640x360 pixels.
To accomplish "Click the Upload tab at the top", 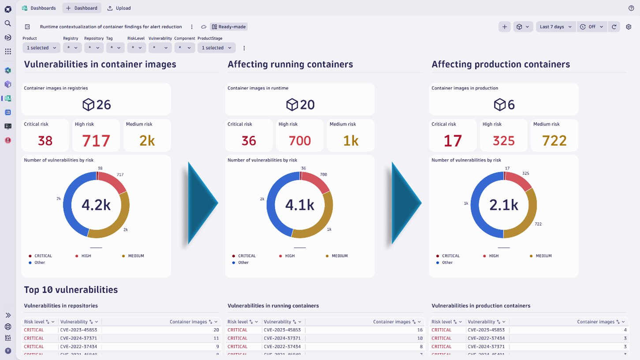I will click(x=119, y=8).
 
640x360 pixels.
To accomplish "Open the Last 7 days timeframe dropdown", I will click(x=555, y=27).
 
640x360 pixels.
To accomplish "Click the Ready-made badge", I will click(x=229, y=27).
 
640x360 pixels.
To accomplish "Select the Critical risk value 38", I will click(x=45, y=141).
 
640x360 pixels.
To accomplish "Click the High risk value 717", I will click(x=96, y=141).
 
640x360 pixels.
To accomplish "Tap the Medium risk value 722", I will click(x=554, y=141).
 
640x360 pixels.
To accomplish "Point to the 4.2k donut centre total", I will click(x=96, y=205).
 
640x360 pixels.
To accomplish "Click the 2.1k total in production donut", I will click(x=504, y=205).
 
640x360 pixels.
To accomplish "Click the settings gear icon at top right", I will click(x=629, y=27).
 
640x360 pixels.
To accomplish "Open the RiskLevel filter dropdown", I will click(x=136, y=48).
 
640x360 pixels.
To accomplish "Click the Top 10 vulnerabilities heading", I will click(x=71, y=290).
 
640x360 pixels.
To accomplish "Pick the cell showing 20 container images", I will click(x=216, y=330).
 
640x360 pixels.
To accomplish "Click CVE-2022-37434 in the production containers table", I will click(x=486, y=338).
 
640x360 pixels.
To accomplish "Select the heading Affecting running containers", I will click(x=290, y=64).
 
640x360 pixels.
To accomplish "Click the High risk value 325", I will click(x=503, y=141).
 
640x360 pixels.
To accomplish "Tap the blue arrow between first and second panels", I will click(x=202, y=203).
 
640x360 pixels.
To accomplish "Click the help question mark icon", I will click(x=631, y=8).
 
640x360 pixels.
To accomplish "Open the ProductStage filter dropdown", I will click(x=216, y=48).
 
